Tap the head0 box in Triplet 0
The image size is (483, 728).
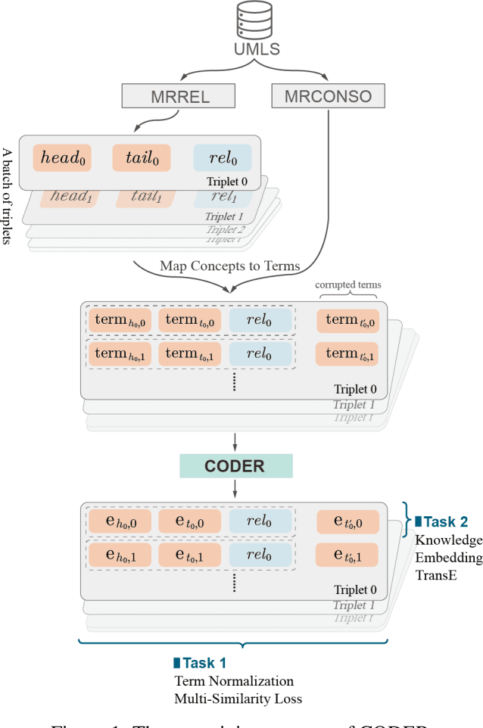(x=62, y=158)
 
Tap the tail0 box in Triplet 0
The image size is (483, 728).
(x=142, y=158)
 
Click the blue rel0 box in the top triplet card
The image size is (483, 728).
(x=222, y=158)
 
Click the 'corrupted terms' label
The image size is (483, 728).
(x=347, y=285)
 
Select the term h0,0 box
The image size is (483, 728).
(x=120, y=320)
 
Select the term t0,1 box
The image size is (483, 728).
(x=190, y=353)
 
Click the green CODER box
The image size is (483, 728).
(x=235, y=466)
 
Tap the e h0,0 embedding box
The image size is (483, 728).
(x=120, y=521)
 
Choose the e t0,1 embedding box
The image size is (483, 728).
(x=190, y=555)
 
